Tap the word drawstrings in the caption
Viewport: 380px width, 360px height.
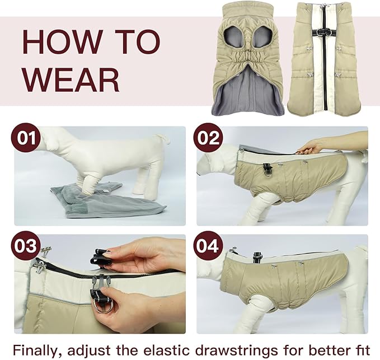click(x=252, y=350)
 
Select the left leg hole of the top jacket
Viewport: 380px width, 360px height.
click(x=233, y=38)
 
